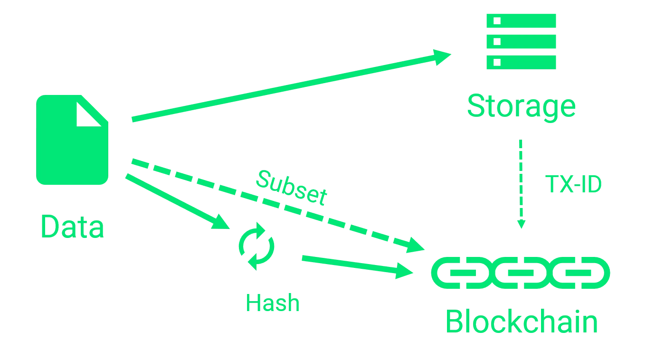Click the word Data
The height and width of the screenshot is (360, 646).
point(73,227)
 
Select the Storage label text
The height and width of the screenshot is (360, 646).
point(522,107)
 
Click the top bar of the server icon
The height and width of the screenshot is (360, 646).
point(522,21)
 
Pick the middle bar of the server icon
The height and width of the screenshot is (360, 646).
point(522,42)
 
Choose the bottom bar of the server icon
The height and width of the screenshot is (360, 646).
point(522,62)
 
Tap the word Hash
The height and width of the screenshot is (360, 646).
point(273,302)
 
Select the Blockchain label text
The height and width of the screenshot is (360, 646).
point(522,322)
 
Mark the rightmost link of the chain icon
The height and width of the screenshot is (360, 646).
point(587,274)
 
